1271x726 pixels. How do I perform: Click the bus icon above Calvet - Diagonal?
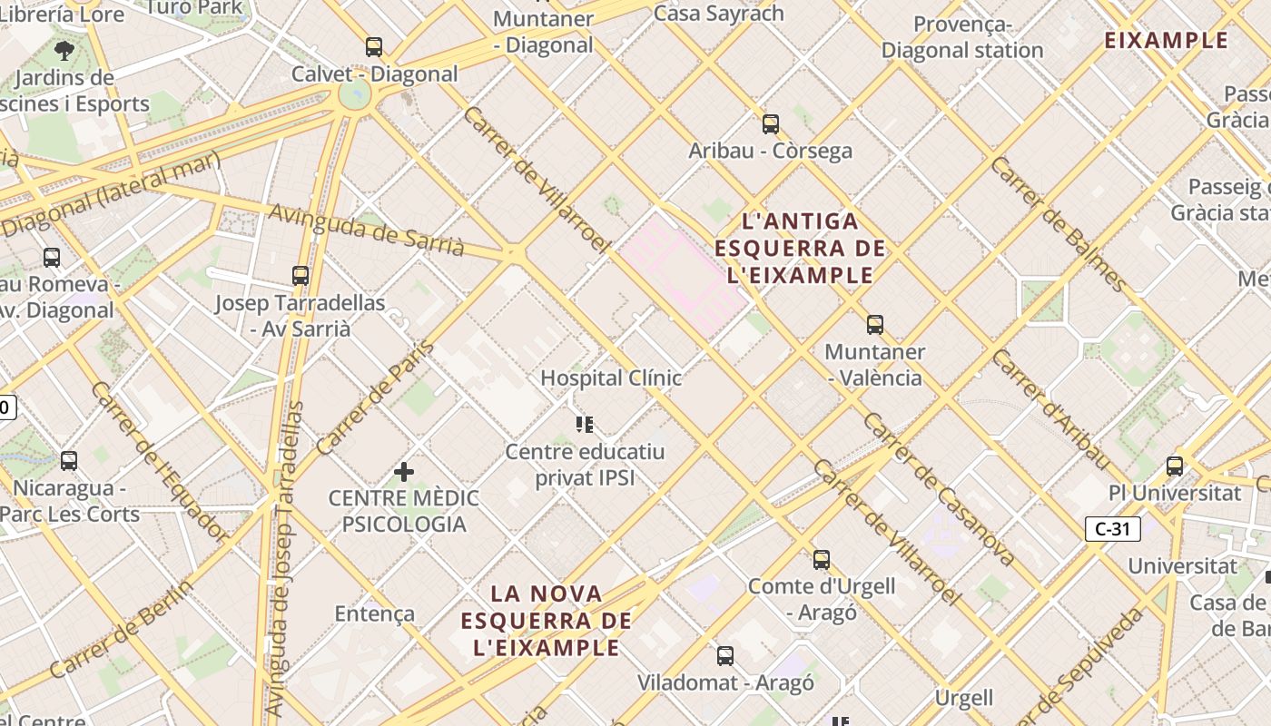click(x=373, y=47)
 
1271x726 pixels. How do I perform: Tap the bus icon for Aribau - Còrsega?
click(x=771, y=124)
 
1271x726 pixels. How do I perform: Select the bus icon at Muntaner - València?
click(x=875, y=325)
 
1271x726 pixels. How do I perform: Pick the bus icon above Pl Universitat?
click(x=1175, y=466)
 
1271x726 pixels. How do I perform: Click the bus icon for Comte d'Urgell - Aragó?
click(x=822, y=560)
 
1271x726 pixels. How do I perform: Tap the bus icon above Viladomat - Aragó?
click(x=724, y=656)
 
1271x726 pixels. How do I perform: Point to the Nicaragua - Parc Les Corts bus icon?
click(x=69, y=461)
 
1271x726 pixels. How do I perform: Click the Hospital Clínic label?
click(x=611, y=378)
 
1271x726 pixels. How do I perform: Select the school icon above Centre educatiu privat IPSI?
click(x=585, y=424)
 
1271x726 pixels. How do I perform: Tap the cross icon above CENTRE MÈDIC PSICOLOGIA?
click(x=404, y=472)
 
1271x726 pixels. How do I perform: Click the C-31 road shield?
click(x=1112, y=529)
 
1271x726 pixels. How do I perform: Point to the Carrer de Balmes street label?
click(x=1059, y=223)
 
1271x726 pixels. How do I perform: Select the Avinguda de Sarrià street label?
click(x=367, y=230)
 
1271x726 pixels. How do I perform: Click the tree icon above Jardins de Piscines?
click(x=64, y=50)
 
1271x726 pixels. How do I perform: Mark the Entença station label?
click(x=375, y=613)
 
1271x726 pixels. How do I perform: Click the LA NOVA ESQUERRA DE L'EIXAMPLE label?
click(x=546, y=621)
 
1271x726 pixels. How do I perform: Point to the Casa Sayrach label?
click(x=718, y=13)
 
